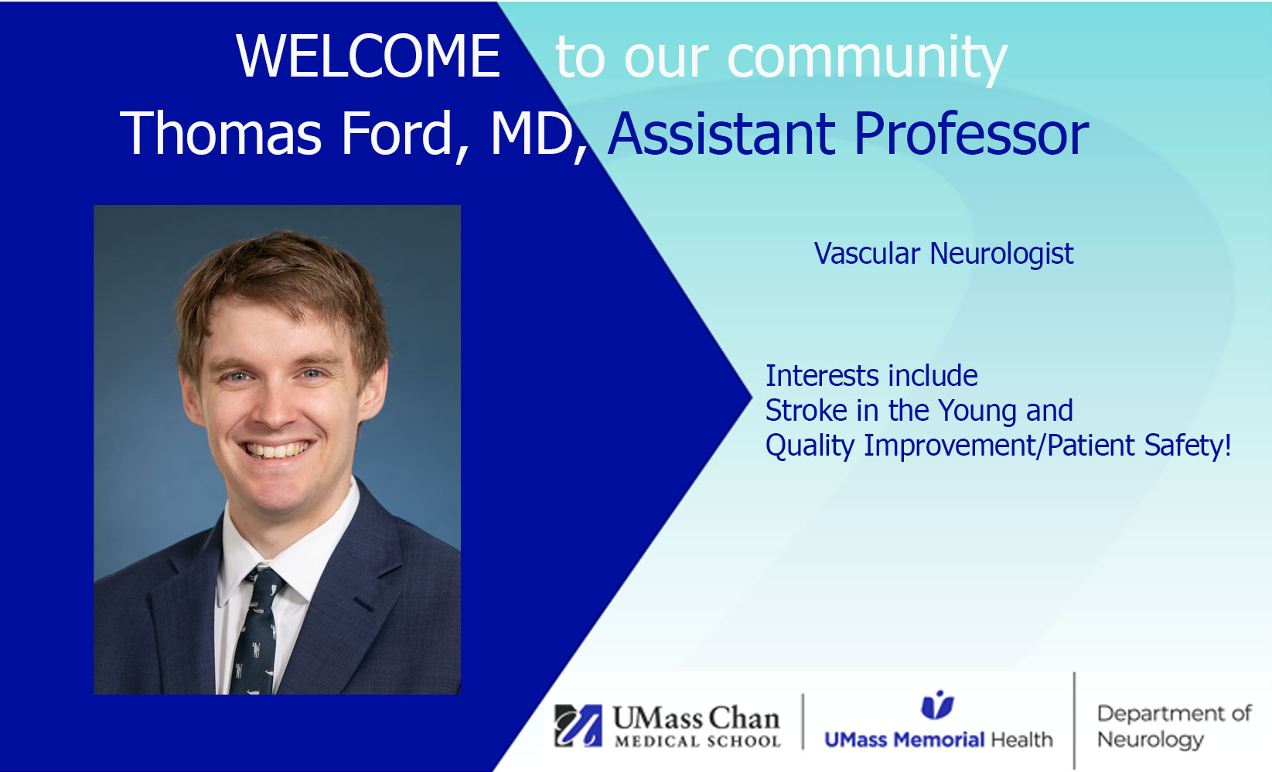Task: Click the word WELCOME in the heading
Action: (x=368, y=56)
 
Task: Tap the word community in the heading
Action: (x=867, y=60)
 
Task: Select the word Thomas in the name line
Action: (x=220, y=133)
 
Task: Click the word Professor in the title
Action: (x=971, y=134)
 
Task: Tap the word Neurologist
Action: (x=1001, y=254)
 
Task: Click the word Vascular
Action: (x=867, y=254)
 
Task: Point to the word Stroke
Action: (x=807, y=410)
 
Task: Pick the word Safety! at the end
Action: (x=1188, y=445)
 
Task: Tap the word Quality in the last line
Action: (x=810, y=446)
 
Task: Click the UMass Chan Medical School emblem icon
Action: (x=578, y=726)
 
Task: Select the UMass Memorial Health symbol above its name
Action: (x=937, y=705)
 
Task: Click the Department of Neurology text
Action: (x=1175, y=726)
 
